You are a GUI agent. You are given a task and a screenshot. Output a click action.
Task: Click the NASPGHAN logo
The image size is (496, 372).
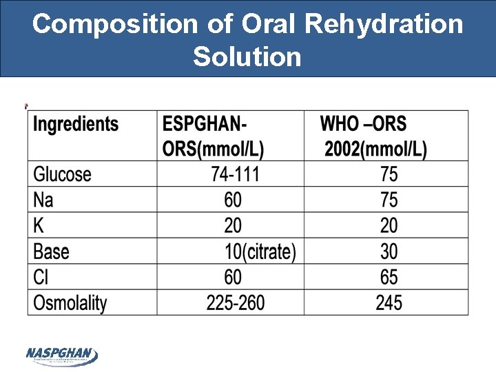pyautogui.click(x=62, y=355)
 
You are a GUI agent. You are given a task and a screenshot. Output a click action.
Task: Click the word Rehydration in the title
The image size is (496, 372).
pyautogui.click(x=384, y=24)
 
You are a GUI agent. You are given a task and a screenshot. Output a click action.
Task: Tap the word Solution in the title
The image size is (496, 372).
pyautogui.click(x=247, y=56)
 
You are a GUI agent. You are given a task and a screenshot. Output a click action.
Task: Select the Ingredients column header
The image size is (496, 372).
pyautogui.click(x=76, y=125)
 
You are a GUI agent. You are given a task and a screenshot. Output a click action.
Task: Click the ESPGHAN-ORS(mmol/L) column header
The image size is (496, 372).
pyautogui.click(x=213, y=136)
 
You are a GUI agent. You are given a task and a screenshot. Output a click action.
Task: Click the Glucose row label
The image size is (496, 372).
pyautogui.click(x=63, y=174)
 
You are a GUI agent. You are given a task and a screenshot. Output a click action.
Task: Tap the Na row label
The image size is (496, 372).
pyautogui.click(x=43, y=200)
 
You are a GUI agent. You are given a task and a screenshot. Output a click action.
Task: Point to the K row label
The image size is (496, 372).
pyautogui.click(x=39, y=225)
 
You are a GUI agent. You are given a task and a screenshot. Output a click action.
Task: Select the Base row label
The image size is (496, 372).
pyautogui.click(x=52, y=251)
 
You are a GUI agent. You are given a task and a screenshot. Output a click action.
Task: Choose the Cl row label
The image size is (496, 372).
pyautogui.click(x=41, y=276)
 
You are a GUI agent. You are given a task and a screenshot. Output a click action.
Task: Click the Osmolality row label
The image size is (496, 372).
pyautogui.click(x=71, y=302)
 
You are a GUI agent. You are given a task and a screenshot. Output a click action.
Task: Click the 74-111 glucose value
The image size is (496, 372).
pyautogui.click(x=236, y=174)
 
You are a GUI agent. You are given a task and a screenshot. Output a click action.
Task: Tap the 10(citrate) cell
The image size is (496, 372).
pyautogui.click(x=260, y=251)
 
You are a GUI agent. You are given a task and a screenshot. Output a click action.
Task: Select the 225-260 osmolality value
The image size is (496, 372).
pyautogui.click(x=236, y=302)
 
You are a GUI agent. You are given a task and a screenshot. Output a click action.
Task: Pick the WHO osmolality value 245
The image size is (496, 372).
pyautogui.click(x=389, y=302)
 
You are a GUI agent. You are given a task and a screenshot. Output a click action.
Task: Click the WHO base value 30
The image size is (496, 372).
pyautogui.click(x=389, y=251)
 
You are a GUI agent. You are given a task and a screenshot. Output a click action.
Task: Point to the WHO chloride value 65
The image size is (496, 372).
pyautogui.click(x=389, y=277)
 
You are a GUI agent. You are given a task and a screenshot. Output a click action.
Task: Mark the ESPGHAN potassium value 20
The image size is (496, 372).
pyautogui.click(x=233, y=225)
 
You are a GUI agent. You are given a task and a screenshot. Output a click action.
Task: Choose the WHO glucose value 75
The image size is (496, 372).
pyautogui.click(x=389, y=174)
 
